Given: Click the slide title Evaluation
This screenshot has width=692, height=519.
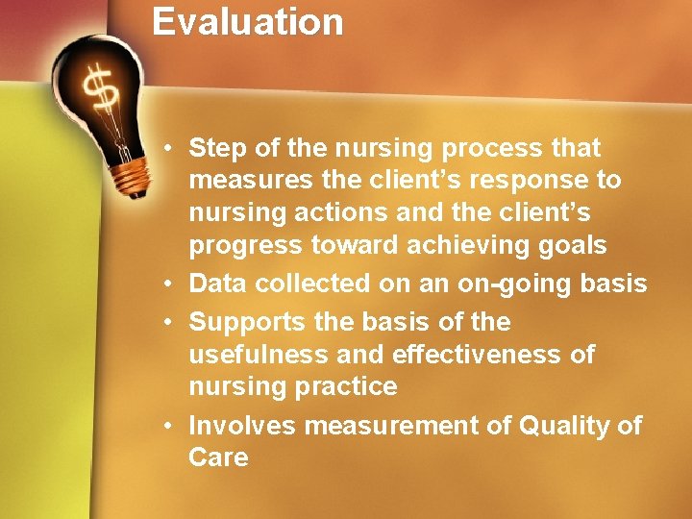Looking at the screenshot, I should (247, 22).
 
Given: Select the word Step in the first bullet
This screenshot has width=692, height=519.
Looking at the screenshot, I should (214, 149).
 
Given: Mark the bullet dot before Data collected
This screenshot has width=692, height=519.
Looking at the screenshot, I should (167, 284).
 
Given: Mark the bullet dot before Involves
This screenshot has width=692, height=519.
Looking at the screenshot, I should (167, 426).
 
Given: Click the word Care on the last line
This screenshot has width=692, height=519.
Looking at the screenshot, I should (218, 457).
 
